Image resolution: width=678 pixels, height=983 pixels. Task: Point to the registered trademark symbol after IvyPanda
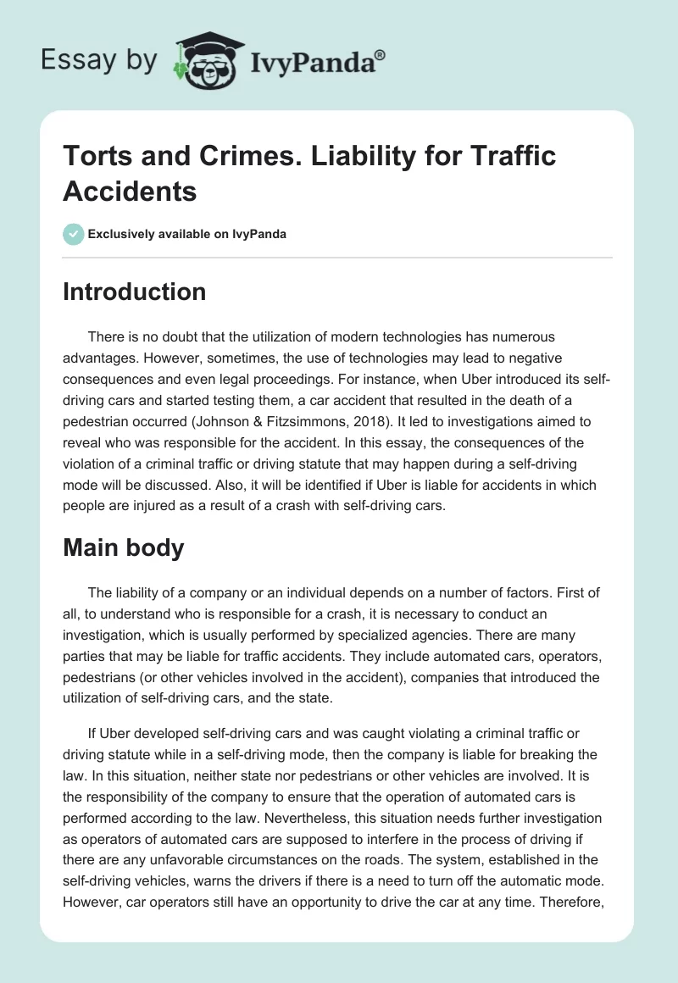[x=381, y=53]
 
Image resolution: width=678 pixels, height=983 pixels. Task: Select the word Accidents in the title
[x=130, y=191]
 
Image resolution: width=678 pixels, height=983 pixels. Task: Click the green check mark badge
[x=74, y=234]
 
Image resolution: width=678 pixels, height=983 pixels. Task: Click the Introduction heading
[x=135, y=292]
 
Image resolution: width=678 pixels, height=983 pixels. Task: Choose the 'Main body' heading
[x=124, y=548]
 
